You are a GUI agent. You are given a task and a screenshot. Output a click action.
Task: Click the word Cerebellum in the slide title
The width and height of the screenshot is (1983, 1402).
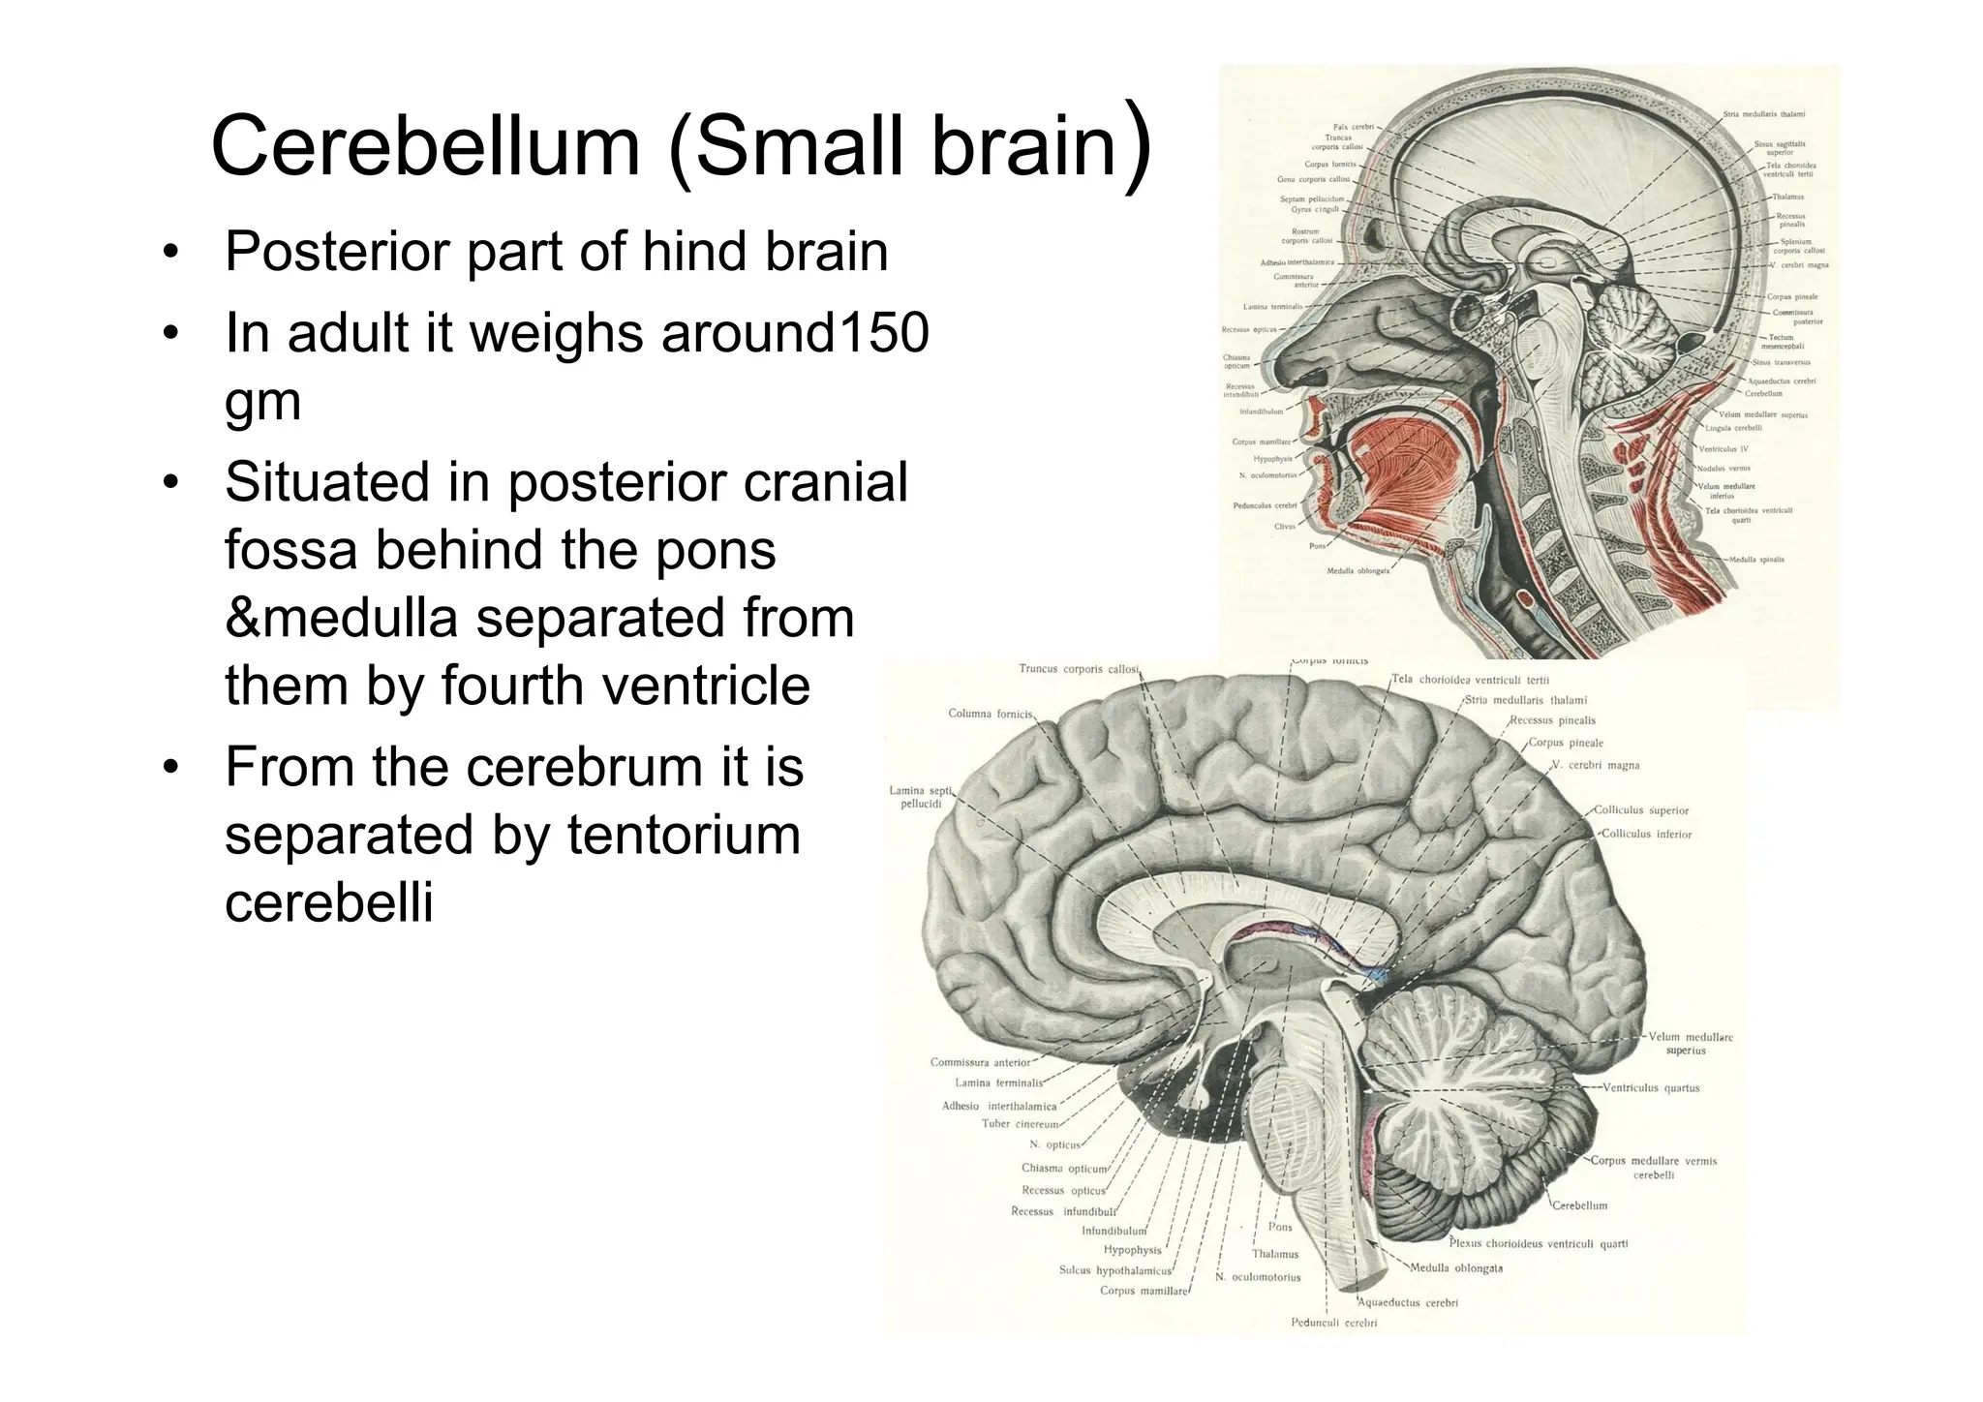426,146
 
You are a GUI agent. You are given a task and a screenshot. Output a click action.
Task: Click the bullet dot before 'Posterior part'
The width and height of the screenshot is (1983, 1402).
171,254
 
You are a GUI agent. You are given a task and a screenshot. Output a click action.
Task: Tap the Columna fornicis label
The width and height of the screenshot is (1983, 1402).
991,714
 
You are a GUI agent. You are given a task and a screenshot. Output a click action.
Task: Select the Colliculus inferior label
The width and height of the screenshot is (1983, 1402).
1646,834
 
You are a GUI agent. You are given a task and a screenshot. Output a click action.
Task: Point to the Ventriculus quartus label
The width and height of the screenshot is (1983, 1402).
1651,1087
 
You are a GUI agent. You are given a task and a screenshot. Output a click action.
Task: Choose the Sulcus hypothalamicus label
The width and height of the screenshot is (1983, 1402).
1115,1270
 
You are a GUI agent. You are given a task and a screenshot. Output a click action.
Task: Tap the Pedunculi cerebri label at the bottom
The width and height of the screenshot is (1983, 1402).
1333,1323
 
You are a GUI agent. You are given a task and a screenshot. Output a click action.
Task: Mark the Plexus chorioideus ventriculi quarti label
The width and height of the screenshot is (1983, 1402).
1538,1244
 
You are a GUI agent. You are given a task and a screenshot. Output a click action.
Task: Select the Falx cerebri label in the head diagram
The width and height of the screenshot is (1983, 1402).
1354,127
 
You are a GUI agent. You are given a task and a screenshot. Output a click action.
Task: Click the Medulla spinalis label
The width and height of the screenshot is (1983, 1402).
1756,560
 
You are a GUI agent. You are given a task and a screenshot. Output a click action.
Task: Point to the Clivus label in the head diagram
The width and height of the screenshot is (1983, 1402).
1284,527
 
